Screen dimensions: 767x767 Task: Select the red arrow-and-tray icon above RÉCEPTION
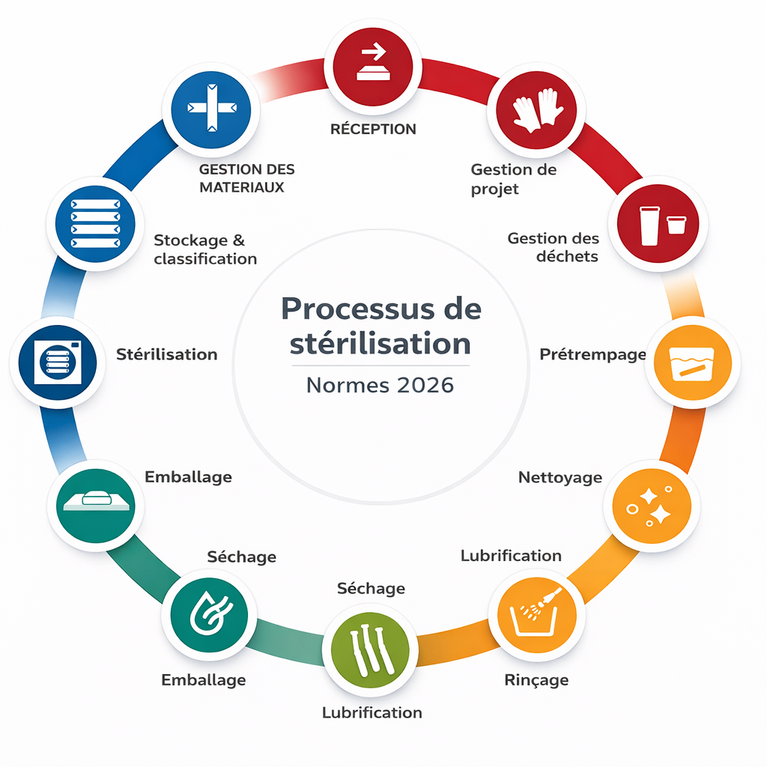point(373,61)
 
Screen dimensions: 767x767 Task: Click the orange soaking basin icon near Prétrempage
point(687,363)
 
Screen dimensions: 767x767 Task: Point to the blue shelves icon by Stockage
point(94,224)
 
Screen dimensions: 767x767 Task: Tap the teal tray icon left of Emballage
point(96,502)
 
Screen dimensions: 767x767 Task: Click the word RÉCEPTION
point(373,129)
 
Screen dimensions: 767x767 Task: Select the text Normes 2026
point(381,385)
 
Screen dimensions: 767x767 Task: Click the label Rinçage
point(536,680)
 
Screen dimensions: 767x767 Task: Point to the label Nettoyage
point(560,477)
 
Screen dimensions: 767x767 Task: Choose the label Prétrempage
point(592,354)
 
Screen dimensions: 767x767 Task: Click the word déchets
point(567,256)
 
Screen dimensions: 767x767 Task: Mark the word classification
point(205,259)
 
